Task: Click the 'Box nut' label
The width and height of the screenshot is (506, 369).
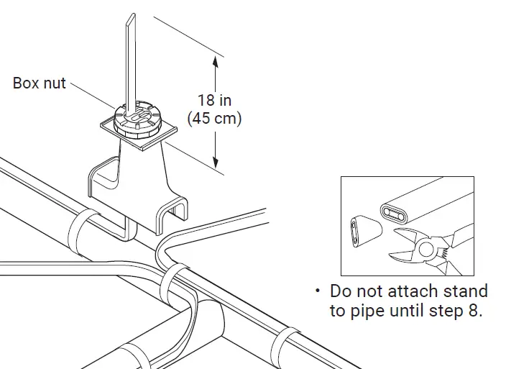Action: click(39, 83)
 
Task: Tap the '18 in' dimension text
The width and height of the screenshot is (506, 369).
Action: click(214, 100)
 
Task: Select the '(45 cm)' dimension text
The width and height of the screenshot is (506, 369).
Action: click(214, 119)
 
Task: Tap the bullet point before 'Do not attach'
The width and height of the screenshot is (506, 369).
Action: click(317, 291)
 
